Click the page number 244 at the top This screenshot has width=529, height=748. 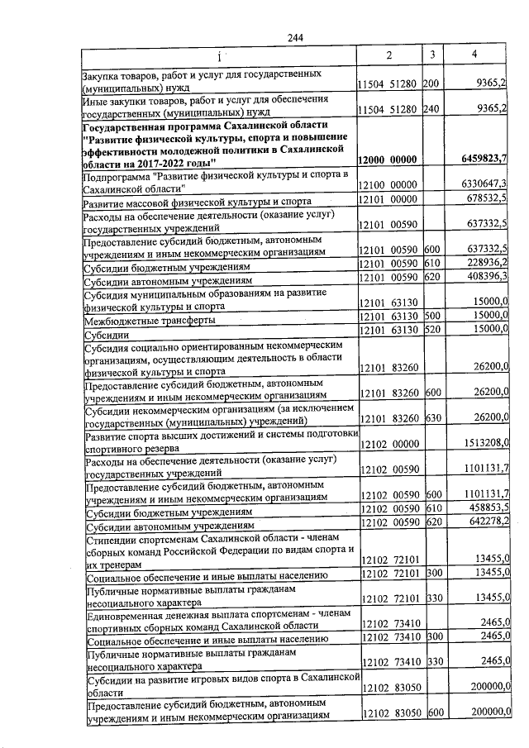click(x=295, y=39)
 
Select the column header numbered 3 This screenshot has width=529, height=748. click(x=432, y=55)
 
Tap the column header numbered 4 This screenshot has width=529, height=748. click(x=474, y=55)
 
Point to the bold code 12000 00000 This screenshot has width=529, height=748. click(x=388, y=159)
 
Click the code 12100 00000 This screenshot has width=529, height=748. click(x=388, y=183)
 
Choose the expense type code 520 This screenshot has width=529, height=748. click(x=431, y=331)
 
